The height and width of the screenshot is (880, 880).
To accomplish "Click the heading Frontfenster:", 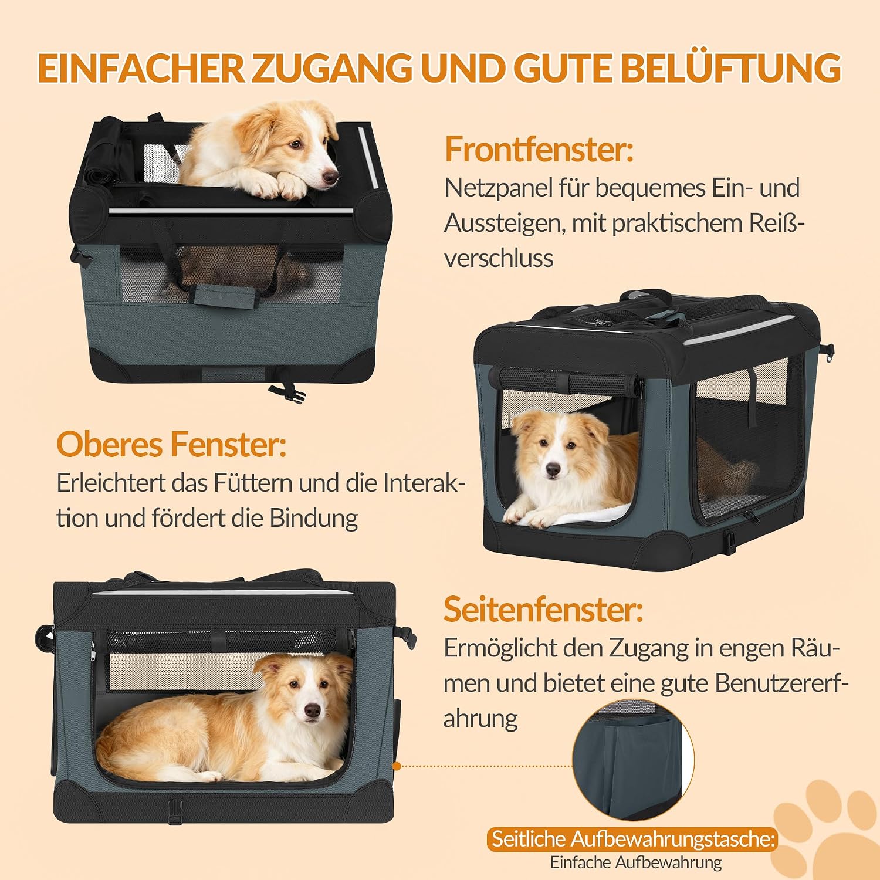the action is coord(539,149).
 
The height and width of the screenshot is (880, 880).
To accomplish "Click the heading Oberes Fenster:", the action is coord(171,444).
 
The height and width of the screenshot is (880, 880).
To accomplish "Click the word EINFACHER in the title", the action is coord(141,68).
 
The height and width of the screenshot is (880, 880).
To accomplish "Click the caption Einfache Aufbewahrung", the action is coord(636,862).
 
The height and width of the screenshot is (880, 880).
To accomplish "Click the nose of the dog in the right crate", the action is coord(553,469).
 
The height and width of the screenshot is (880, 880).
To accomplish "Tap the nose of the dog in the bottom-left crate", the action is coord(313,712).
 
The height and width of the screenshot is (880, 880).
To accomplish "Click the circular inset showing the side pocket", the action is coord(633,760).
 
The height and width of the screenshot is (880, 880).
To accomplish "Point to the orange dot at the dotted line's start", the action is coord(397,766).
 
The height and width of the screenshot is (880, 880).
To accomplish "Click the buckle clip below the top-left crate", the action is coord(287,392).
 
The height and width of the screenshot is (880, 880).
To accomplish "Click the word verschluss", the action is coord(499,258).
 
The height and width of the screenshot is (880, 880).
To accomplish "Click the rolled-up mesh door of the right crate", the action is coord(567,381).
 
